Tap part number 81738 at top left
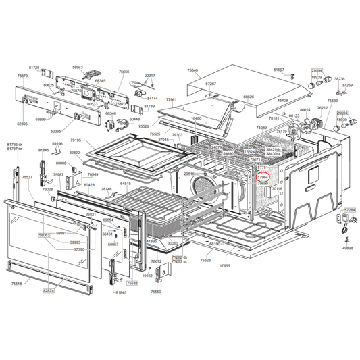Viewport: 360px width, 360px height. [x=34, y=68]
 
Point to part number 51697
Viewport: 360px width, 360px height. [x=279, y=69]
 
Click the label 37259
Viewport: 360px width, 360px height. [x=346, y=85]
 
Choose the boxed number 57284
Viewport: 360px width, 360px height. [x=349, y=210]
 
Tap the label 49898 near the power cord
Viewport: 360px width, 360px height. [x=347, y=248]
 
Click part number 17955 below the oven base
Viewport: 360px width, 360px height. [x=224, y=265]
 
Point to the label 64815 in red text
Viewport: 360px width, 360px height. [x=126, y=183]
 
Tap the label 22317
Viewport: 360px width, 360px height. [x=150, y=76]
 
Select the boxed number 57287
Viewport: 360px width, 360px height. [x=211, y=84]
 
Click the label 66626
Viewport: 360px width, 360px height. [x=249, y=97]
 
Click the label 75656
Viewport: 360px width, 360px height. [x=124, y=72]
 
